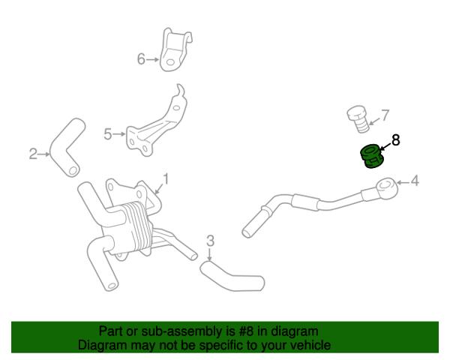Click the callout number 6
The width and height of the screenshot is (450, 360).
click(x=141, y=59)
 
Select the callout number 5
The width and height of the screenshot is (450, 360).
click(x=107, y=134)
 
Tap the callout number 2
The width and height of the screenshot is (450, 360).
click(x=33, y=154)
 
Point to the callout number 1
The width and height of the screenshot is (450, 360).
click(x=166, y=178)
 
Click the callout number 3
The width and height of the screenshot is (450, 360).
click(x=210, y=241)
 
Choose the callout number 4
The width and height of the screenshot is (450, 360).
click(x=415, y=181)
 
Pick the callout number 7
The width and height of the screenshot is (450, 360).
click(x=385, y=115)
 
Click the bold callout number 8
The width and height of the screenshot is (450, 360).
click(x=395, y=140)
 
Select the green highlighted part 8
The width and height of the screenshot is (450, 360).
click(x=371, y=157)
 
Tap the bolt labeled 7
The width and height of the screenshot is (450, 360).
click(x=358, y=119)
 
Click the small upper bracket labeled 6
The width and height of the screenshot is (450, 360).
click(x=175, y=49)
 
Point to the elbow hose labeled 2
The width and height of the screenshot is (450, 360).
click(x=67, y=147)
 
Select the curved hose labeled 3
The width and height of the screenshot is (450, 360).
click(x=232, y=276)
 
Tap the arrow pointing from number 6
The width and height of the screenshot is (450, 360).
click(x=152, y=60)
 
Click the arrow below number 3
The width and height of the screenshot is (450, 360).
click(x=210, y=254)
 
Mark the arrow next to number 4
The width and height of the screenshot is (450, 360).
click(x=403, y=182)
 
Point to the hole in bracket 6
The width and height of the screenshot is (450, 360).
click(x=170, y=62)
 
